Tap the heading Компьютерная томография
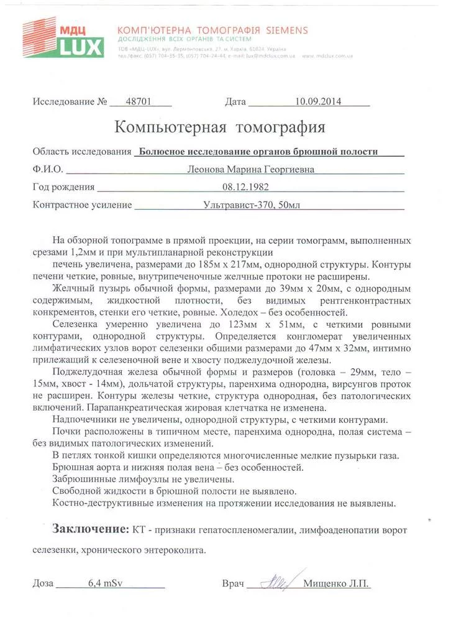coord(220,128)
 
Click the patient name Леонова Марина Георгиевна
coord(252,169)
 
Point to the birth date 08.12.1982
coord(245,187)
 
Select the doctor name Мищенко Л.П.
coord(336,584)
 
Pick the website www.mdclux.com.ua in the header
coord(328,55)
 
